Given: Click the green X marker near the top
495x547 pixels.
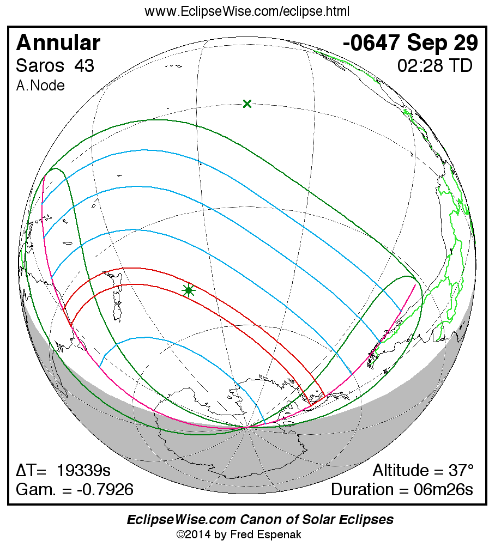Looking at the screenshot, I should click(x=247, y=104).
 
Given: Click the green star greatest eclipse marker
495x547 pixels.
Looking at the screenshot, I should click(x=189, y=290).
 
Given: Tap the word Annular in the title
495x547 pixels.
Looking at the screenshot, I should click(x=58, y=43).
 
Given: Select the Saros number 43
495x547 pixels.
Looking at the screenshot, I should click(x=84, y=66).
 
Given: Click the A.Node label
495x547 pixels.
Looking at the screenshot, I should click(x=40, y=86).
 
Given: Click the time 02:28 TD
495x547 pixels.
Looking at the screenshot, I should click(x=434, y=66).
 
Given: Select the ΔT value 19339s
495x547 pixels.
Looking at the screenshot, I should click(x=87, y=471).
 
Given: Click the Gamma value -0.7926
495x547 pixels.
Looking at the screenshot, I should click(x=105, y=489).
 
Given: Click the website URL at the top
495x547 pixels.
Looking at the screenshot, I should click(x=247, y=11).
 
